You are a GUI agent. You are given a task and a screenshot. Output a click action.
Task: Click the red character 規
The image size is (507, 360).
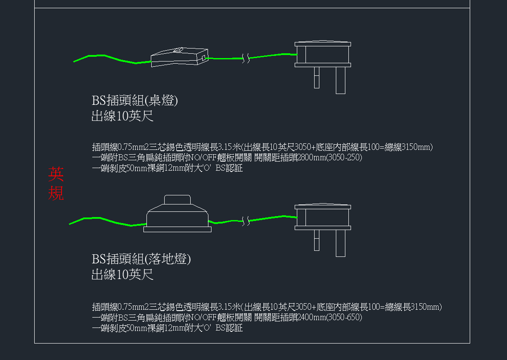coord(56,193)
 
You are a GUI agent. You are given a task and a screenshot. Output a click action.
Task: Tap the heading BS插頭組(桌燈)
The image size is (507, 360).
coord(135,101)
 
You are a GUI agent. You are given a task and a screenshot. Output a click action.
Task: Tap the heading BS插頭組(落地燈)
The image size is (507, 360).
coord(141,259)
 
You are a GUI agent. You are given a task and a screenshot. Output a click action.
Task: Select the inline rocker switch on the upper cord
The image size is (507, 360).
coord(178,57)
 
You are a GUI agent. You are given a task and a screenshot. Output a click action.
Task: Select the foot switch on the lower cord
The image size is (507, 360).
coord(177,217)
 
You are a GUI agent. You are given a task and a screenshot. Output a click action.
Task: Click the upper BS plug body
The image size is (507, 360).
coord(323,55)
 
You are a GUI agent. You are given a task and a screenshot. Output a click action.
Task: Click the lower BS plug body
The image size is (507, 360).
coord(323,217)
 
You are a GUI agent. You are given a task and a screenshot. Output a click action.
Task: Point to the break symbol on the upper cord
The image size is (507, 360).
coord(246,58)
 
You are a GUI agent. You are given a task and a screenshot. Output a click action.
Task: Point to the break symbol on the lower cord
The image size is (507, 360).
coord(246,221)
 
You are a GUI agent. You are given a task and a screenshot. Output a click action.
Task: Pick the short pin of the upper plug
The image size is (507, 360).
coord(317,78)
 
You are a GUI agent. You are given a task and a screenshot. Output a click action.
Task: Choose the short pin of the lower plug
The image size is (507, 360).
coord(317,240)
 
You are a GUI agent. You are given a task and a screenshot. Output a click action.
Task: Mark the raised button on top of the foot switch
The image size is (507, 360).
coord(177,200)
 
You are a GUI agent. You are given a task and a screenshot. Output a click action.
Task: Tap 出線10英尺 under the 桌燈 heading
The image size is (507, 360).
coord(122,117)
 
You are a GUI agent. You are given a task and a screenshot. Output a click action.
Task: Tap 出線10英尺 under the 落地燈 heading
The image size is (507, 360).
coord(122,275)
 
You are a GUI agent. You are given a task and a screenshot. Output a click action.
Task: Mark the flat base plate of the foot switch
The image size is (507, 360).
coord(177,229)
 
